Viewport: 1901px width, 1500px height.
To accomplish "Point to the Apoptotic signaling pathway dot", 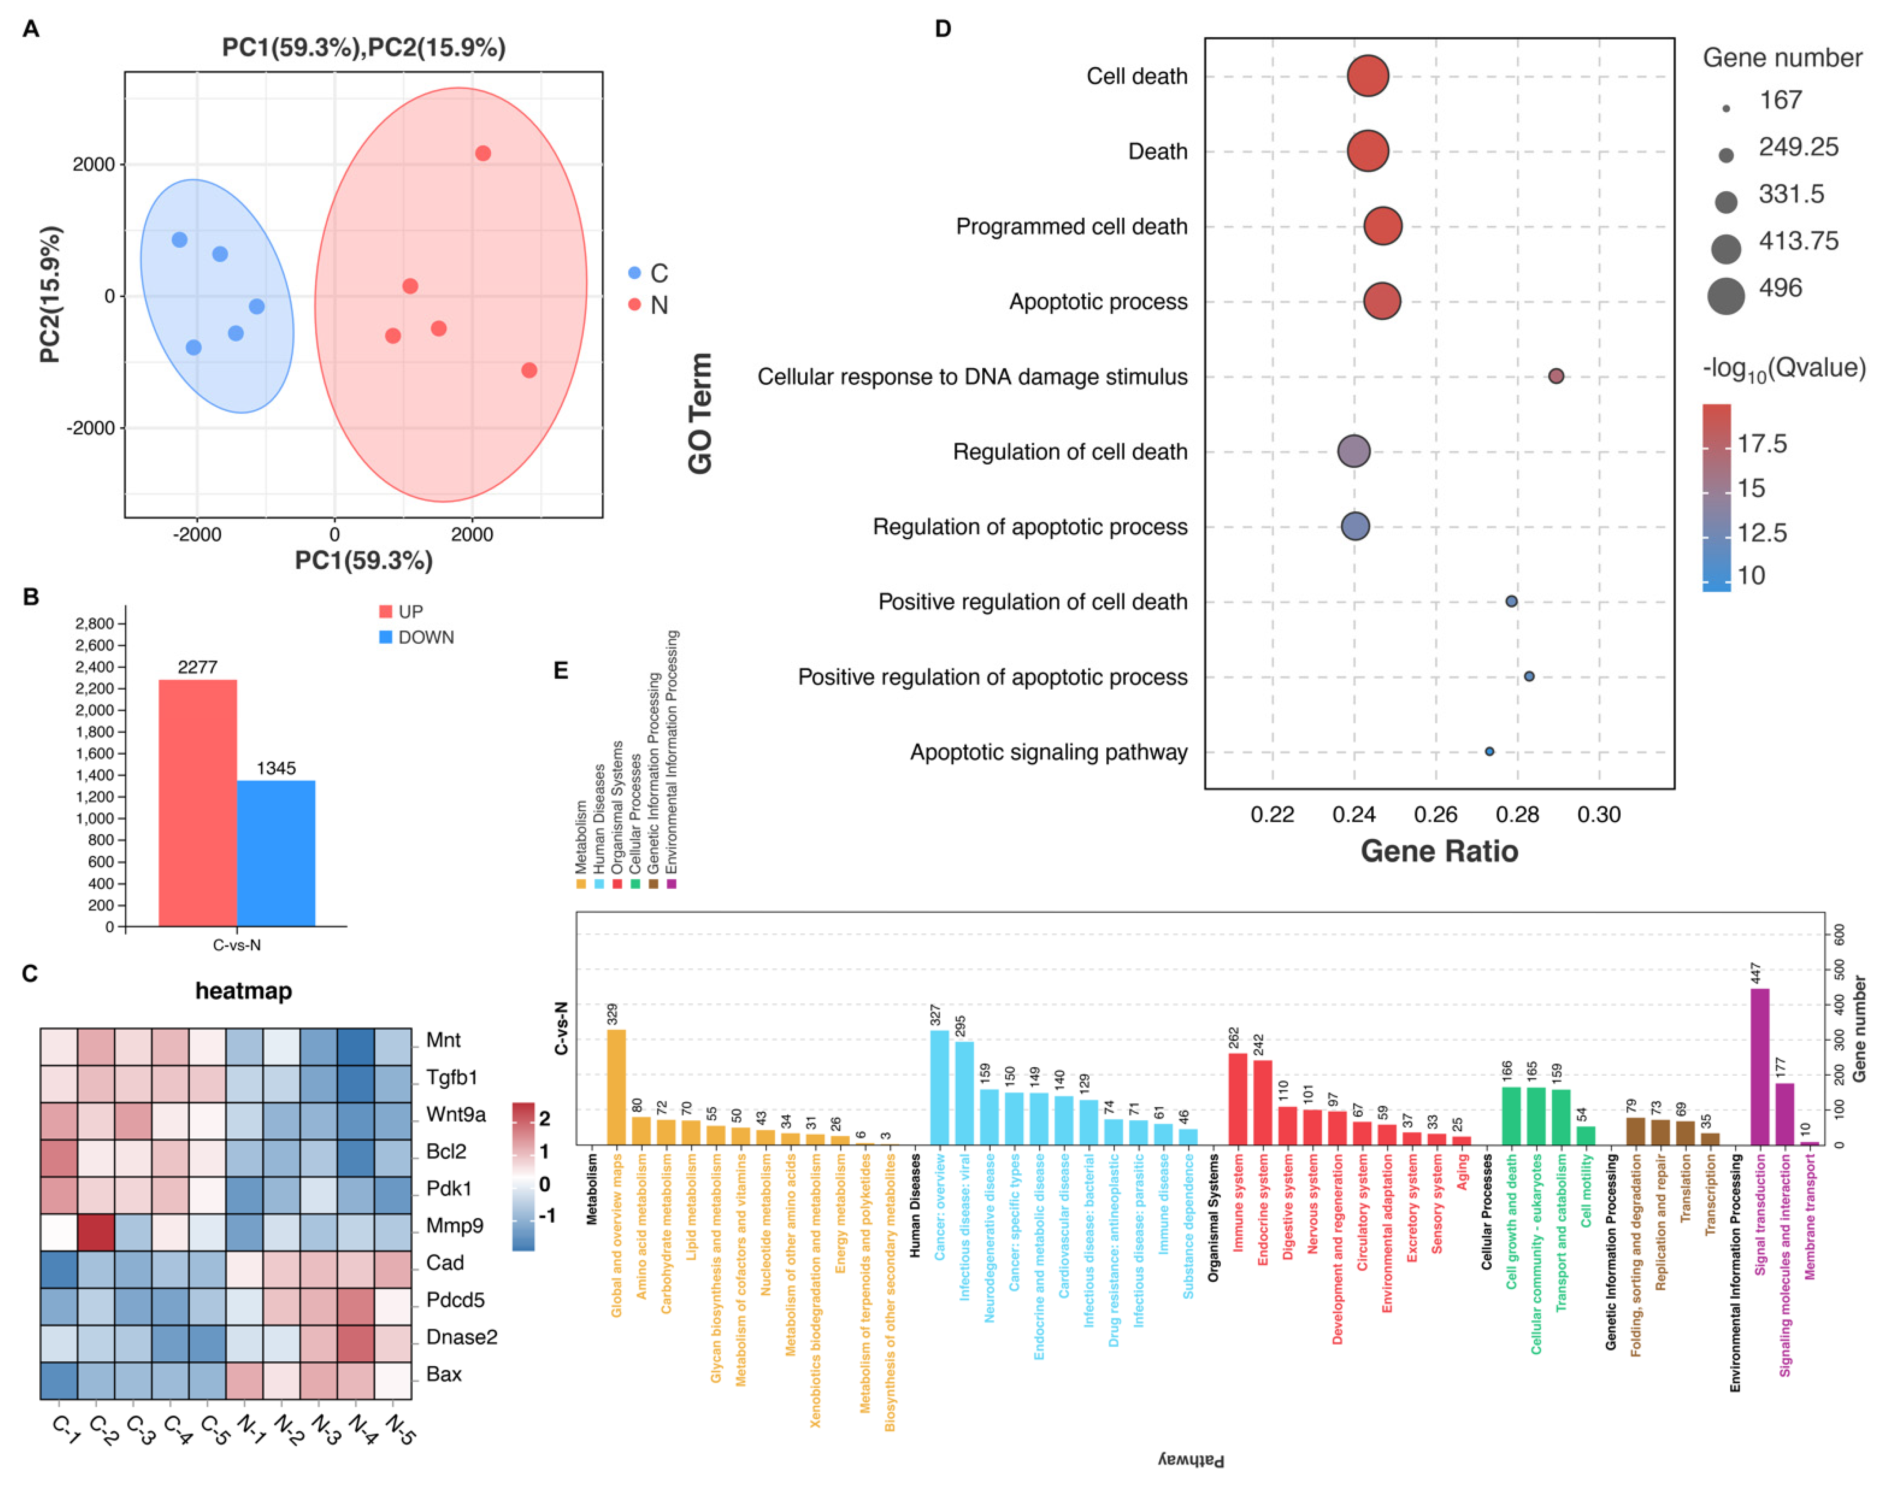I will [1489, 752].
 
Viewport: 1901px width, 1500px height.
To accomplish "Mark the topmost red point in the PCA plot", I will [483, 154].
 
